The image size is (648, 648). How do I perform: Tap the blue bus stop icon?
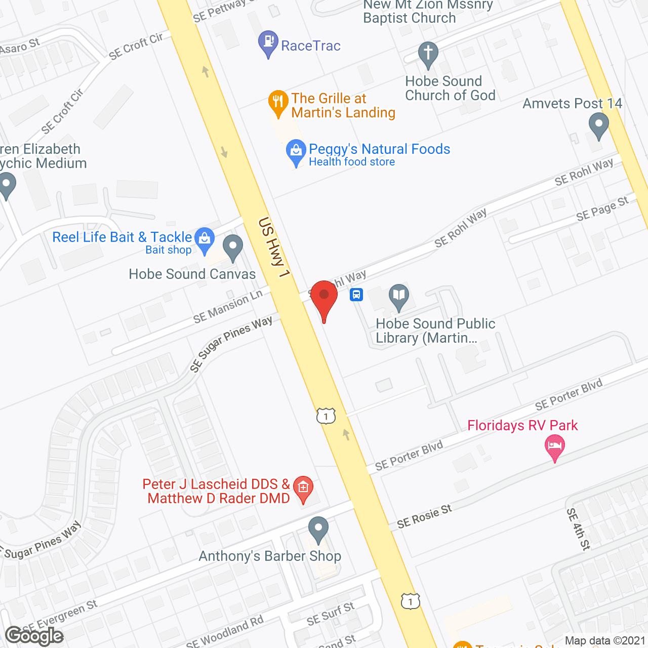(356, 295)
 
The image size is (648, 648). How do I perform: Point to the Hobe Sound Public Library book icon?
(399, 296)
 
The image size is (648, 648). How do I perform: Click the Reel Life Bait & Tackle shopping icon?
(205, 239)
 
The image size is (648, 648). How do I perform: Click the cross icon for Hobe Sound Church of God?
(428, 54)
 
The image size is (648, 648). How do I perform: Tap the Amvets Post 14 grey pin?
(599, 125)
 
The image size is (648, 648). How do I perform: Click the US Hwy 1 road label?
(274, 248)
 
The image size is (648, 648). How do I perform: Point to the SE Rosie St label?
(424, 516)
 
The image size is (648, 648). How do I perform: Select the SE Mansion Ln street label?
(228, 307)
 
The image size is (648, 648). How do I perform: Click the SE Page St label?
(602, 209)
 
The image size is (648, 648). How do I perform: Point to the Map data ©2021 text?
(605, 641)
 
